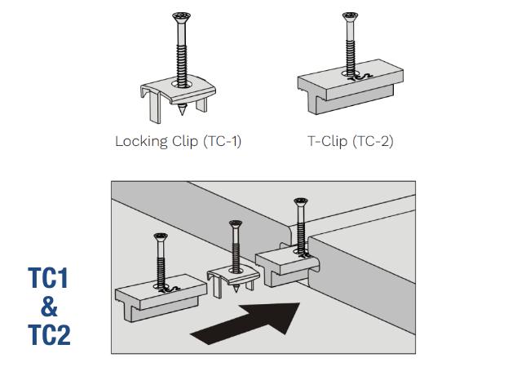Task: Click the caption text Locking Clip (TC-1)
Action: (x=178, y=140)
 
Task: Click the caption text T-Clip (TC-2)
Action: (x=350, y=140)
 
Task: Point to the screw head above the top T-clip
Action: (x=351, y=15)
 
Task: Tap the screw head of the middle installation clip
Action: (x=236, y=224)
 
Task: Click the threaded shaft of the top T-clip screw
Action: (x=351, y=49)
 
